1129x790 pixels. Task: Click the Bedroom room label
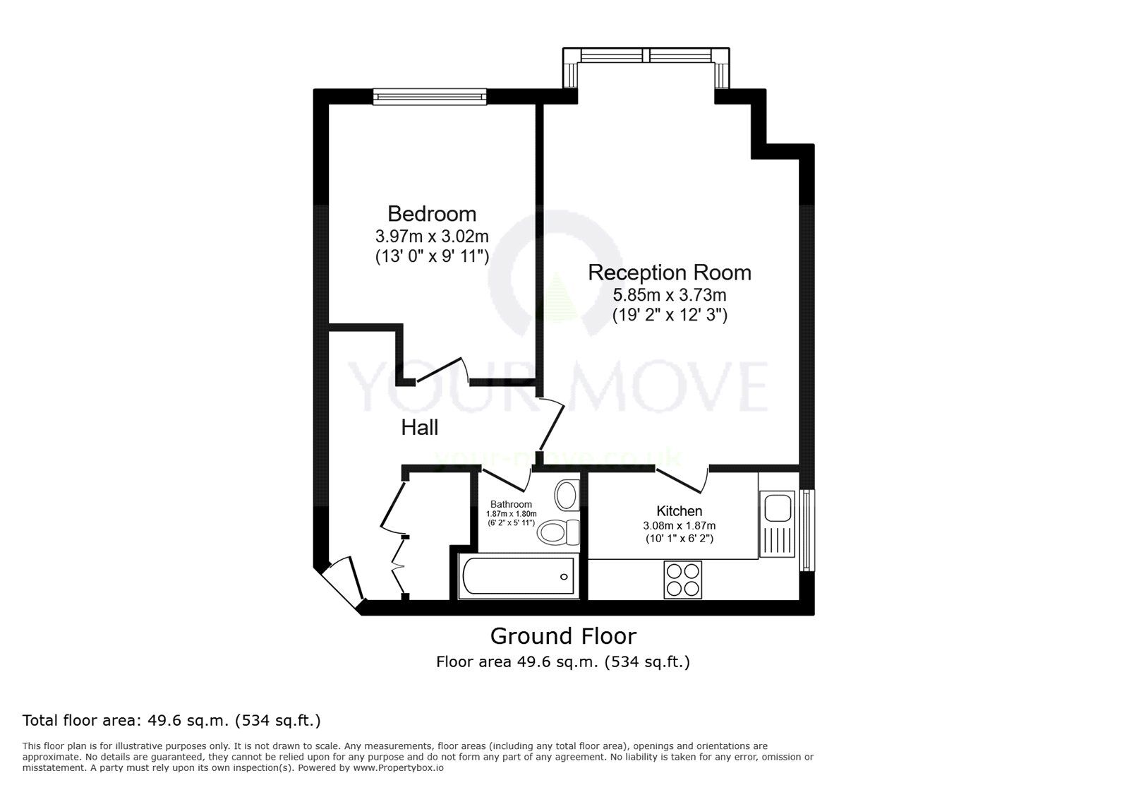pyautogui.click(x=432, y=213)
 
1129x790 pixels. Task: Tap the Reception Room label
pyautogui.click(x=670, y=273)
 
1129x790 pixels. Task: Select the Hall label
pyautogui.click(x=420, y=427)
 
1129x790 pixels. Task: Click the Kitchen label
pyautogui.click(x=679, y=510)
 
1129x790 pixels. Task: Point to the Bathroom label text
pyautogui.click(x=511, y=504)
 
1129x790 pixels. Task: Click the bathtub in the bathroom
pyautogui.click(x=518, y=576)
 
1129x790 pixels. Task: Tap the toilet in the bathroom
pyautogui.click(x=557, y=532)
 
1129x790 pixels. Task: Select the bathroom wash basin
pyautogui.click(x=567, y=496)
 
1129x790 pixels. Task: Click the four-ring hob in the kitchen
pyautogui.click(x=683, y=579)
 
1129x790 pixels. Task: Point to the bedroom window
pyautogui.click(x=430, y=97)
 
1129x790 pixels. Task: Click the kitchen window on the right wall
pyautogui.click(x=807, y=529)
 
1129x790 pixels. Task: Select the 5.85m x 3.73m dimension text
pyautogui.click(x=669, y=294)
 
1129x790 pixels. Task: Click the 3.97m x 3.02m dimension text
pyautogui.click(x=432, y=236)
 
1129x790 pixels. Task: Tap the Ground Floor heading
pyautogui.click(x=563, y=636)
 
